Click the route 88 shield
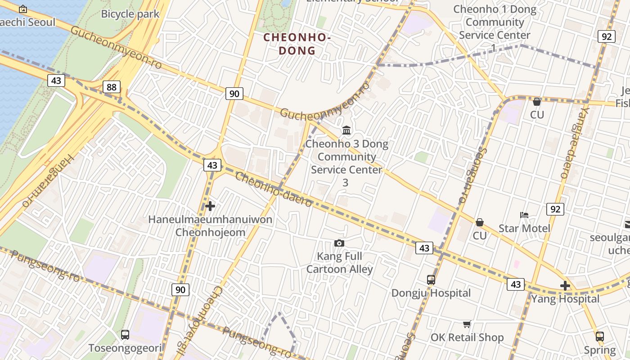(x=111, y=87)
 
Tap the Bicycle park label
(x=130, y=14)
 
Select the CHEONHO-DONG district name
(x=297, y=44)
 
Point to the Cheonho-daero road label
(x=274, y=189)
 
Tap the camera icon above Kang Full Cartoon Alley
(x=339, y=243)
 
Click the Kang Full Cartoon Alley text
(x=339, y=263)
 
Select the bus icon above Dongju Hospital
(x=431, y=280)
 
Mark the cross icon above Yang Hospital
(x=565, y=286)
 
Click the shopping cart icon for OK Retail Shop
(x=467, y=324)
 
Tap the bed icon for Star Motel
(x=524, y=215)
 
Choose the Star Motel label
(x=524, y=228)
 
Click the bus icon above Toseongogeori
(x=125, y=335)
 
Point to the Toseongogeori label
(x=125, y=348)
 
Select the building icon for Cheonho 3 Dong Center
(x=346, y=130)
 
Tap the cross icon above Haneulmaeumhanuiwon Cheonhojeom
(x=210, y=207)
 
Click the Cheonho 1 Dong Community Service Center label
(x=495, y=22)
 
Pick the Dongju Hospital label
(x=431, y=293)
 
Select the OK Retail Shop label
(x=467, y=337)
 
